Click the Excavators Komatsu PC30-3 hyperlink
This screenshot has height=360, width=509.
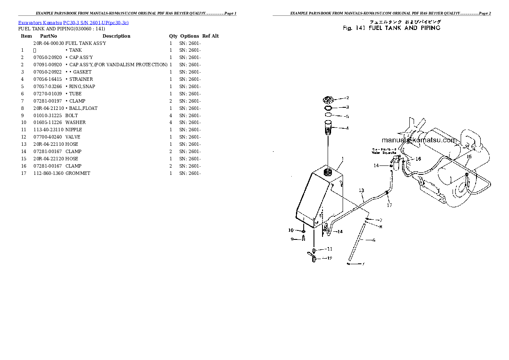point(73,22)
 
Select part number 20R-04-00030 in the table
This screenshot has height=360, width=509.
point(48,43)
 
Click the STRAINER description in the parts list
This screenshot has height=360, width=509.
point(81,79)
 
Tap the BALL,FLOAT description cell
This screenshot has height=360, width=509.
point(83,108)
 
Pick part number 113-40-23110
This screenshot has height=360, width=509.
point(48,130)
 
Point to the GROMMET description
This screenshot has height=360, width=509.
point(78,173)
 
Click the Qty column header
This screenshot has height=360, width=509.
point(173,36)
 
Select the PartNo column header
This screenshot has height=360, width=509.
point(48,36)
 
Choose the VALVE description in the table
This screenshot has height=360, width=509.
point(73,137)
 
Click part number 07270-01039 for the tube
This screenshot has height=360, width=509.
point(47,94)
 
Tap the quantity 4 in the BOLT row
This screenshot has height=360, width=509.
point(171,115)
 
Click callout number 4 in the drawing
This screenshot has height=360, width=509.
point(347,128)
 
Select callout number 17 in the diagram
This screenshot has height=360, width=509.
point(389,205)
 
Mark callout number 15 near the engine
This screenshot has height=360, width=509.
point(468,156)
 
